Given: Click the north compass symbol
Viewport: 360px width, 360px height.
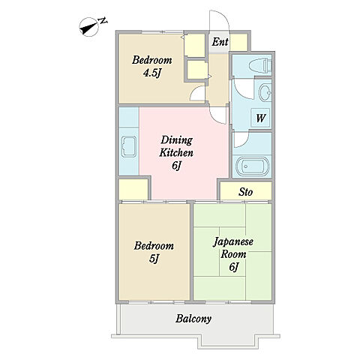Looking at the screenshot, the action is [x=88, y=27].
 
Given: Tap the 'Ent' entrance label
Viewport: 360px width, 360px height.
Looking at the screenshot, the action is [x=220, y=42].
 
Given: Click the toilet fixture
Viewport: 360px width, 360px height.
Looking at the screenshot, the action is [x=260, y=64].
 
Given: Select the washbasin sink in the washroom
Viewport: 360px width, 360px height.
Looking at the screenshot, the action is [x=265, y=93].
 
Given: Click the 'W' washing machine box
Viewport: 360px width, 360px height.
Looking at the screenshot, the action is [x=260, y=118].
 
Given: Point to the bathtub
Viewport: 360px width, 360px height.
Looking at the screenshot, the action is [x=250, y=166].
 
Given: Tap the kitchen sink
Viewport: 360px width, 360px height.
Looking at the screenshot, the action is [x=129, y=146].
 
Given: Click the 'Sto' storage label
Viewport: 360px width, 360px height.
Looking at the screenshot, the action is [x=245, y=192].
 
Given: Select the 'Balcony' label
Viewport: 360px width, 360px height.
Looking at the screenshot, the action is [x=193, y=319].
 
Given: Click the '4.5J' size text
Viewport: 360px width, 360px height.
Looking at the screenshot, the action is [x=151, y=73].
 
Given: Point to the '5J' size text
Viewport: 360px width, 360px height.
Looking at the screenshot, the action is [x=154, y=259].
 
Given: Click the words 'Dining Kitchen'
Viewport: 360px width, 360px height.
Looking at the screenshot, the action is [x=176, y=146].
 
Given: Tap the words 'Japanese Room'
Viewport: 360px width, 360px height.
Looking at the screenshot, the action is [x=233, y=247].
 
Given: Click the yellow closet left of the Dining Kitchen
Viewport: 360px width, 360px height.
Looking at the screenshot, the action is [x=133, y=189].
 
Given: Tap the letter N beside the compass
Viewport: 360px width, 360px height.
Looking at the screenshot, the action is [x=103, y=21].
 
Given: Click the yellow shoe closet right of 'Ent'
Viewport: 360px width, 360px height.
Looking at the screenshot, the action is [x=238, y=42].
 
